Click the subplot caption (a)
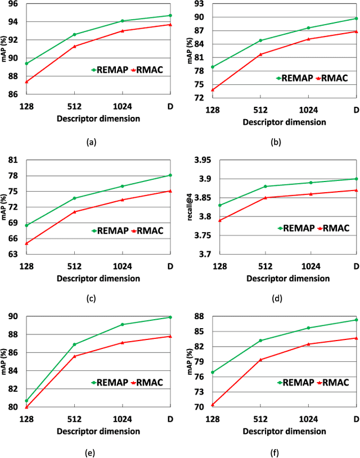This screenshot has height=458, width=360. pyautogui.click(x=91, y=143)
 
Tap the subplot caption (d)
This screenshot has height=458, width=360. pyautogui.click(x=276, y=299)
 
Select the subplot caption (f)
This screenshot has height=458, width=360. pyautogui.click(x=276, y=452)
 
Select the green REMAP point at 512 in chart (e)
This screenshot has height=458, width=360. pyautogui.click(x=75, y=344)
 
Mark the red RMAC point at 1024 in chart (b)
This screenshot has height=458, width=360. pyautogui.click(x=308, y=39)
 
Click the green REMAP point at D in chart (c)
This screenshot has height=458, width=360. pyautogui.click(x=170, y=175)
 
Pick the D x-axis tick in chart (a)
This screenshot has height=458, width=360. pyautogui.click(x=170, y=106)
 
